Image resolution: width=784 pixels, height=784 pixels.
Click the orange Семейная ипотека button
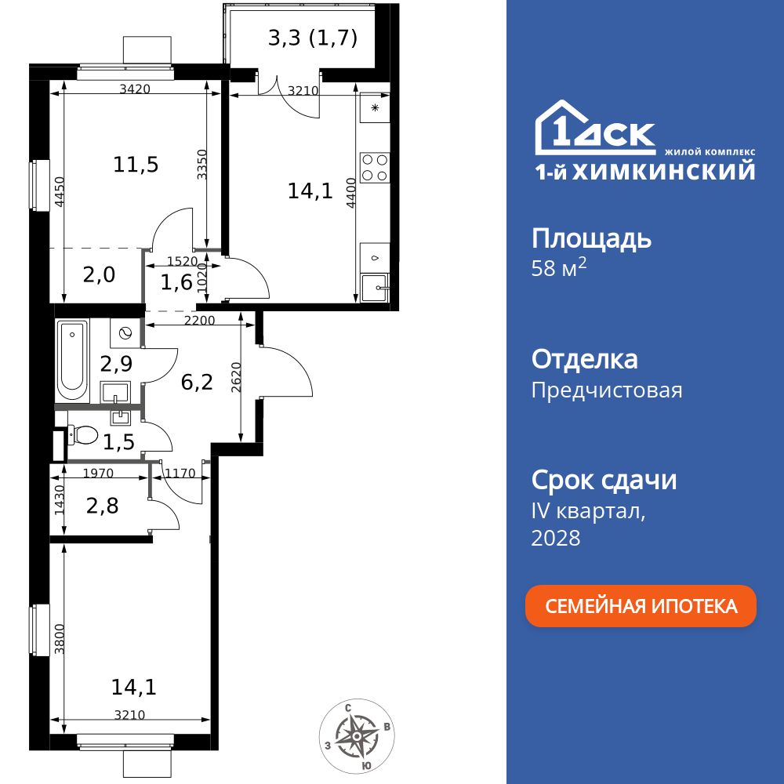[x=641, y=606]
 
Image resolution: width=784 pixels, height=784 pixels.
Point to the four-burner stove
[x=375, y=167]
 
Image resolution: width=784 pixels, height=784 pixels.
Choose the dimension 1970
[x=99, y=473]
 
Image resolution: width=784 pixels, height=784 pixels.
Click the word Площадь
[x=591, y=238]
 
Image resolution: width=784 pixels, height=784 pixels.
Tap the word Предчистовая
[x=607, y=390]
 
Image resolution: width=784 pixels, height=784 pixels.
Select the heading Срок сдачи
[x=604, y=480]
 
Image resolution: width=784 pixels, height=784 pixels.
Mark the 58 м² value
[x=559, y=269]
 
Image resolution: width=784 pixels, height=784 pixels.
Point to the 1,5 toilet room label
[x=118, y=442]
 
